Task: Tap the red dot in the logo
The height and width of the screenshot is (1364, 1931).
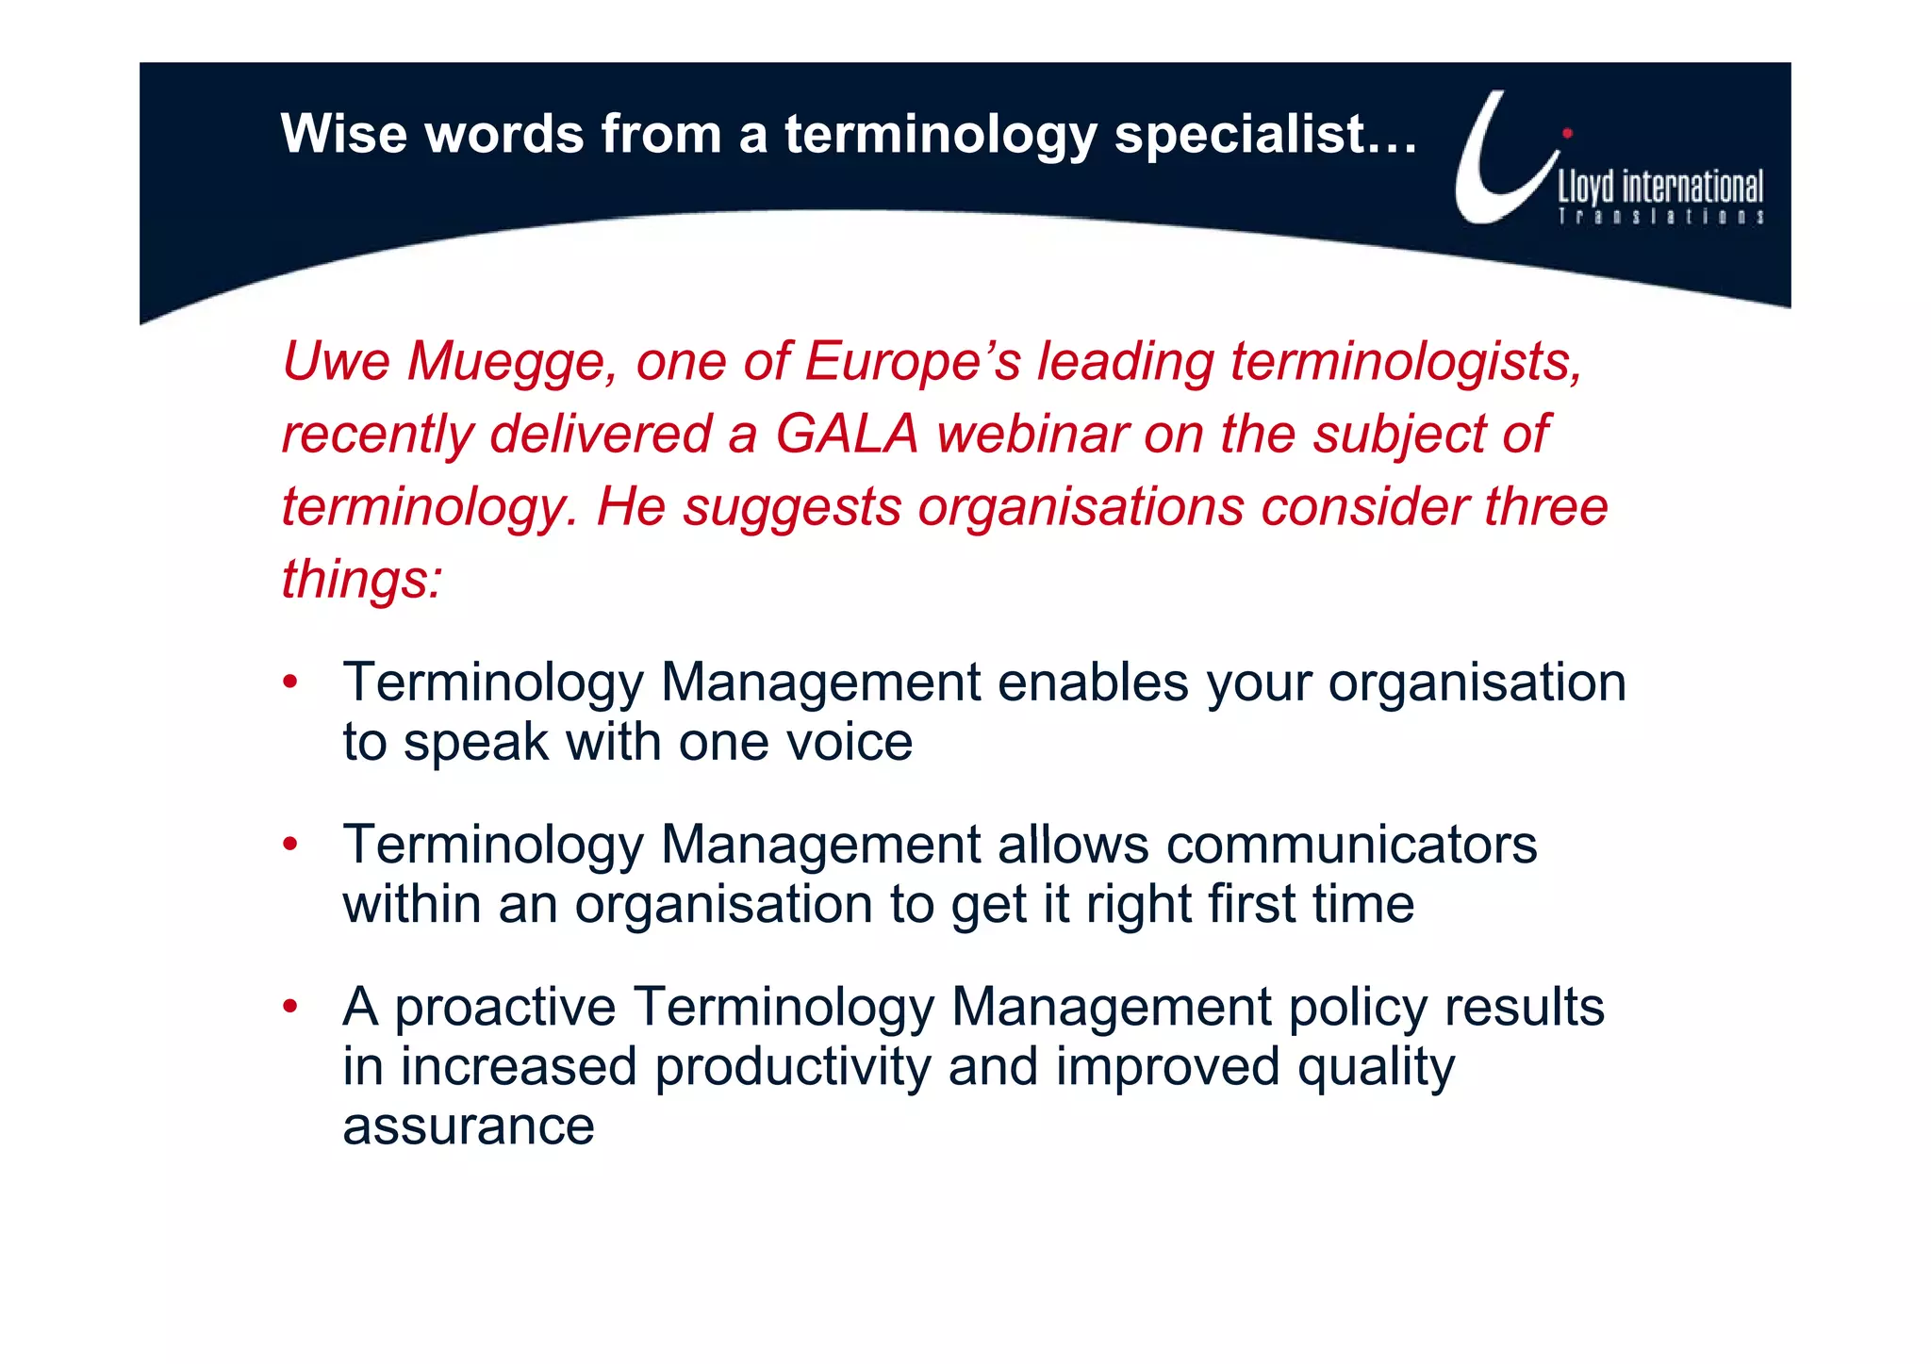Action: pos(1568,133)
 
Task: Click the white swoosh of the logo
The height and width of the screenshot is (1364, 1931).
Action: pos(1490,179)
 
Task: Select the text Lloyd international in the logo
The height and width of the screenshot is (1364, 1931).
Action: pos(1659,187)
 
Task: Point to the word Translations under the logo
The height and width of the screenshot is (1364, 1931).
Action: pos(1660,217)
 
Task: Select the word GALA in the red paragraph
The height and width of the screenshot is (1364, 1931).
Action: pos(847,434)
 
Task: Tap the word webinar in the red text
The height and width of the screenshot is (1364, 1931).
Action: pos(1032,434)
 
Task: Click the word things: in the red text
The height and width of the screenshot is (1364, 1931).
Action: pos(362,579)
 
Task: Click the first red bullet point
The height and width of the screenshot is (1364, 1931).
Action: pos(290,681)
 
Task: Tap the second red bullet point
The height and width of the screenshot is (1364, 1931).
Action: pos(290,843)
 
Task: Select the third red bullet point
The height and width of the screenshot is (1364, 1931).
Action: pos(290,1006)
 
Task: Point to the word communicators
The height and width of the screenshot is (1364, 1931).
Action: pos(1351,844)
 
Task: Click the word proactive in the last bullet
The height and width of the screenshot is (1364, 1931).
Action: pos(504,1007)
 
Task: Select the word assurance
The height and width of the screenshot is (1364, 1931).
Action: pos(469,1126)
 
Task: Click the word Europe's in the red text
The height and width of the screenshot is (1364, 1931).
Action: pos(913,361)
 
